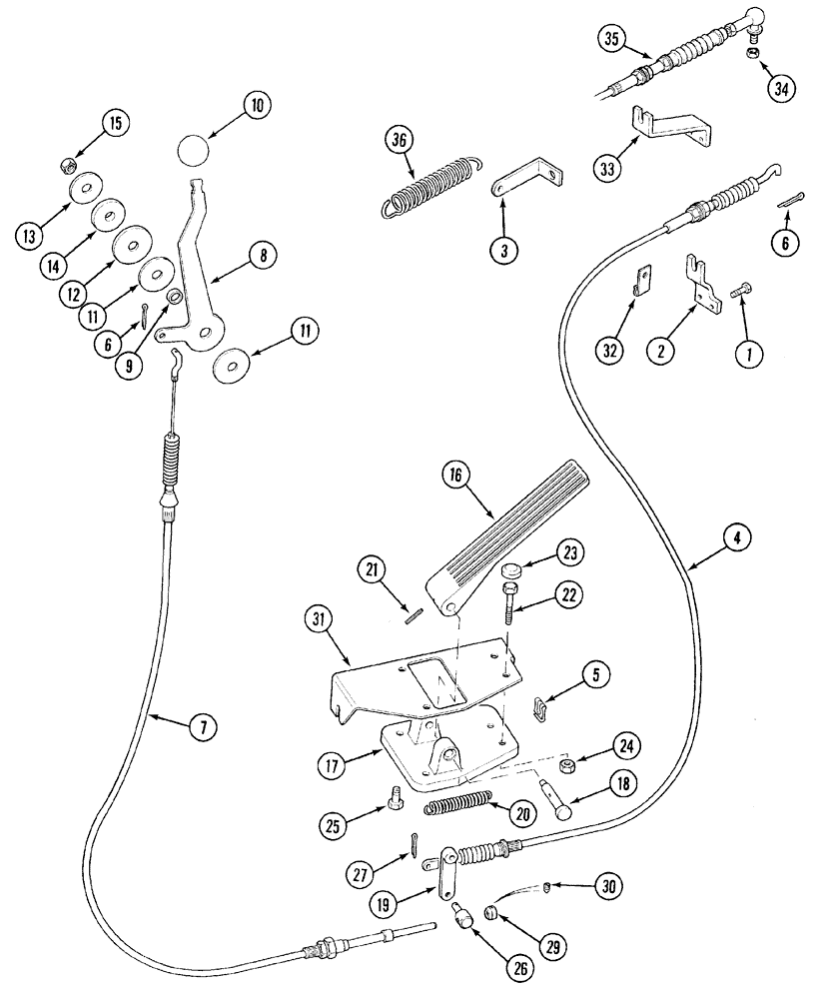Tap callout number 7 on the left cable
click(203, 727)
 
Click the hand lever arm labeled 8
click(198, 262)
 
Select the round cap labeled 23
click(512, 571)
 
